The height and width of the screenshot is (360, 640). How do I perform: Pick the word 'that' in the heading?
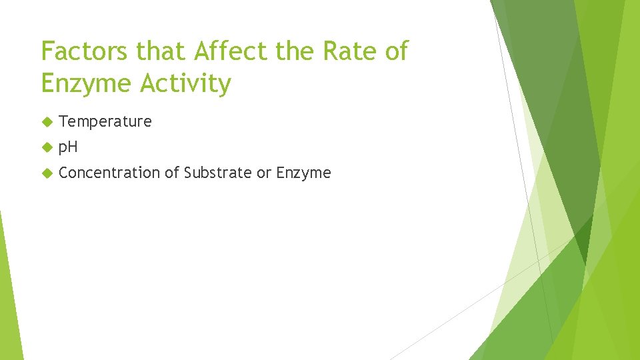[x=153, y=51]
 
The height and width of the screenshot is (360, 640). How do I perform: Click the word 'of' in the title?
[x=395, y=51]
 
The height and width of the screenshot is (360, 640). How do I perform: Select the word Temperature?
[x=105, y=122]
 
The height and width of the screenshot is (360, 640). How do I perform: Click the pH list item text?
[x=68, y=147]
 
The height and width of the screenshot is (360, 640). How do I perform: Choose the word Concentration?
[x=109, y=173]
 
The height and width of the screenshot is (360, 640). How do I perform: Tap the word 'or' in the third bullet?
[x=264, y=173]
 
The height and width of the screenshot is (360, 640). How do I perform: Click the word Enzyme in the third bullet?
[x=303, y=173]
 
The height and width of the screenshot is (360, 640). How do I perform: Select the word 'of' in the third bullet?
[x=172, y=173]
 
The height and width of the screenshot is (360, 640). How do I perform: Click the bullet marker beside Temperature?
[x=46, y=121]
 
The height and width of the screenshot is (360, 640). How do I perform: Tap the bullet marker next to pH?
[x=46, y=147]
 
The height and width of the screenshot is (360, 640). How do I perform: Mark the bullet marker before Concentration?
[x=46, y=173]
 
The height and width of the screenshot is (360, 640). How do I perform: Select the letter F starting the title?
[x=47, y=51]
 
